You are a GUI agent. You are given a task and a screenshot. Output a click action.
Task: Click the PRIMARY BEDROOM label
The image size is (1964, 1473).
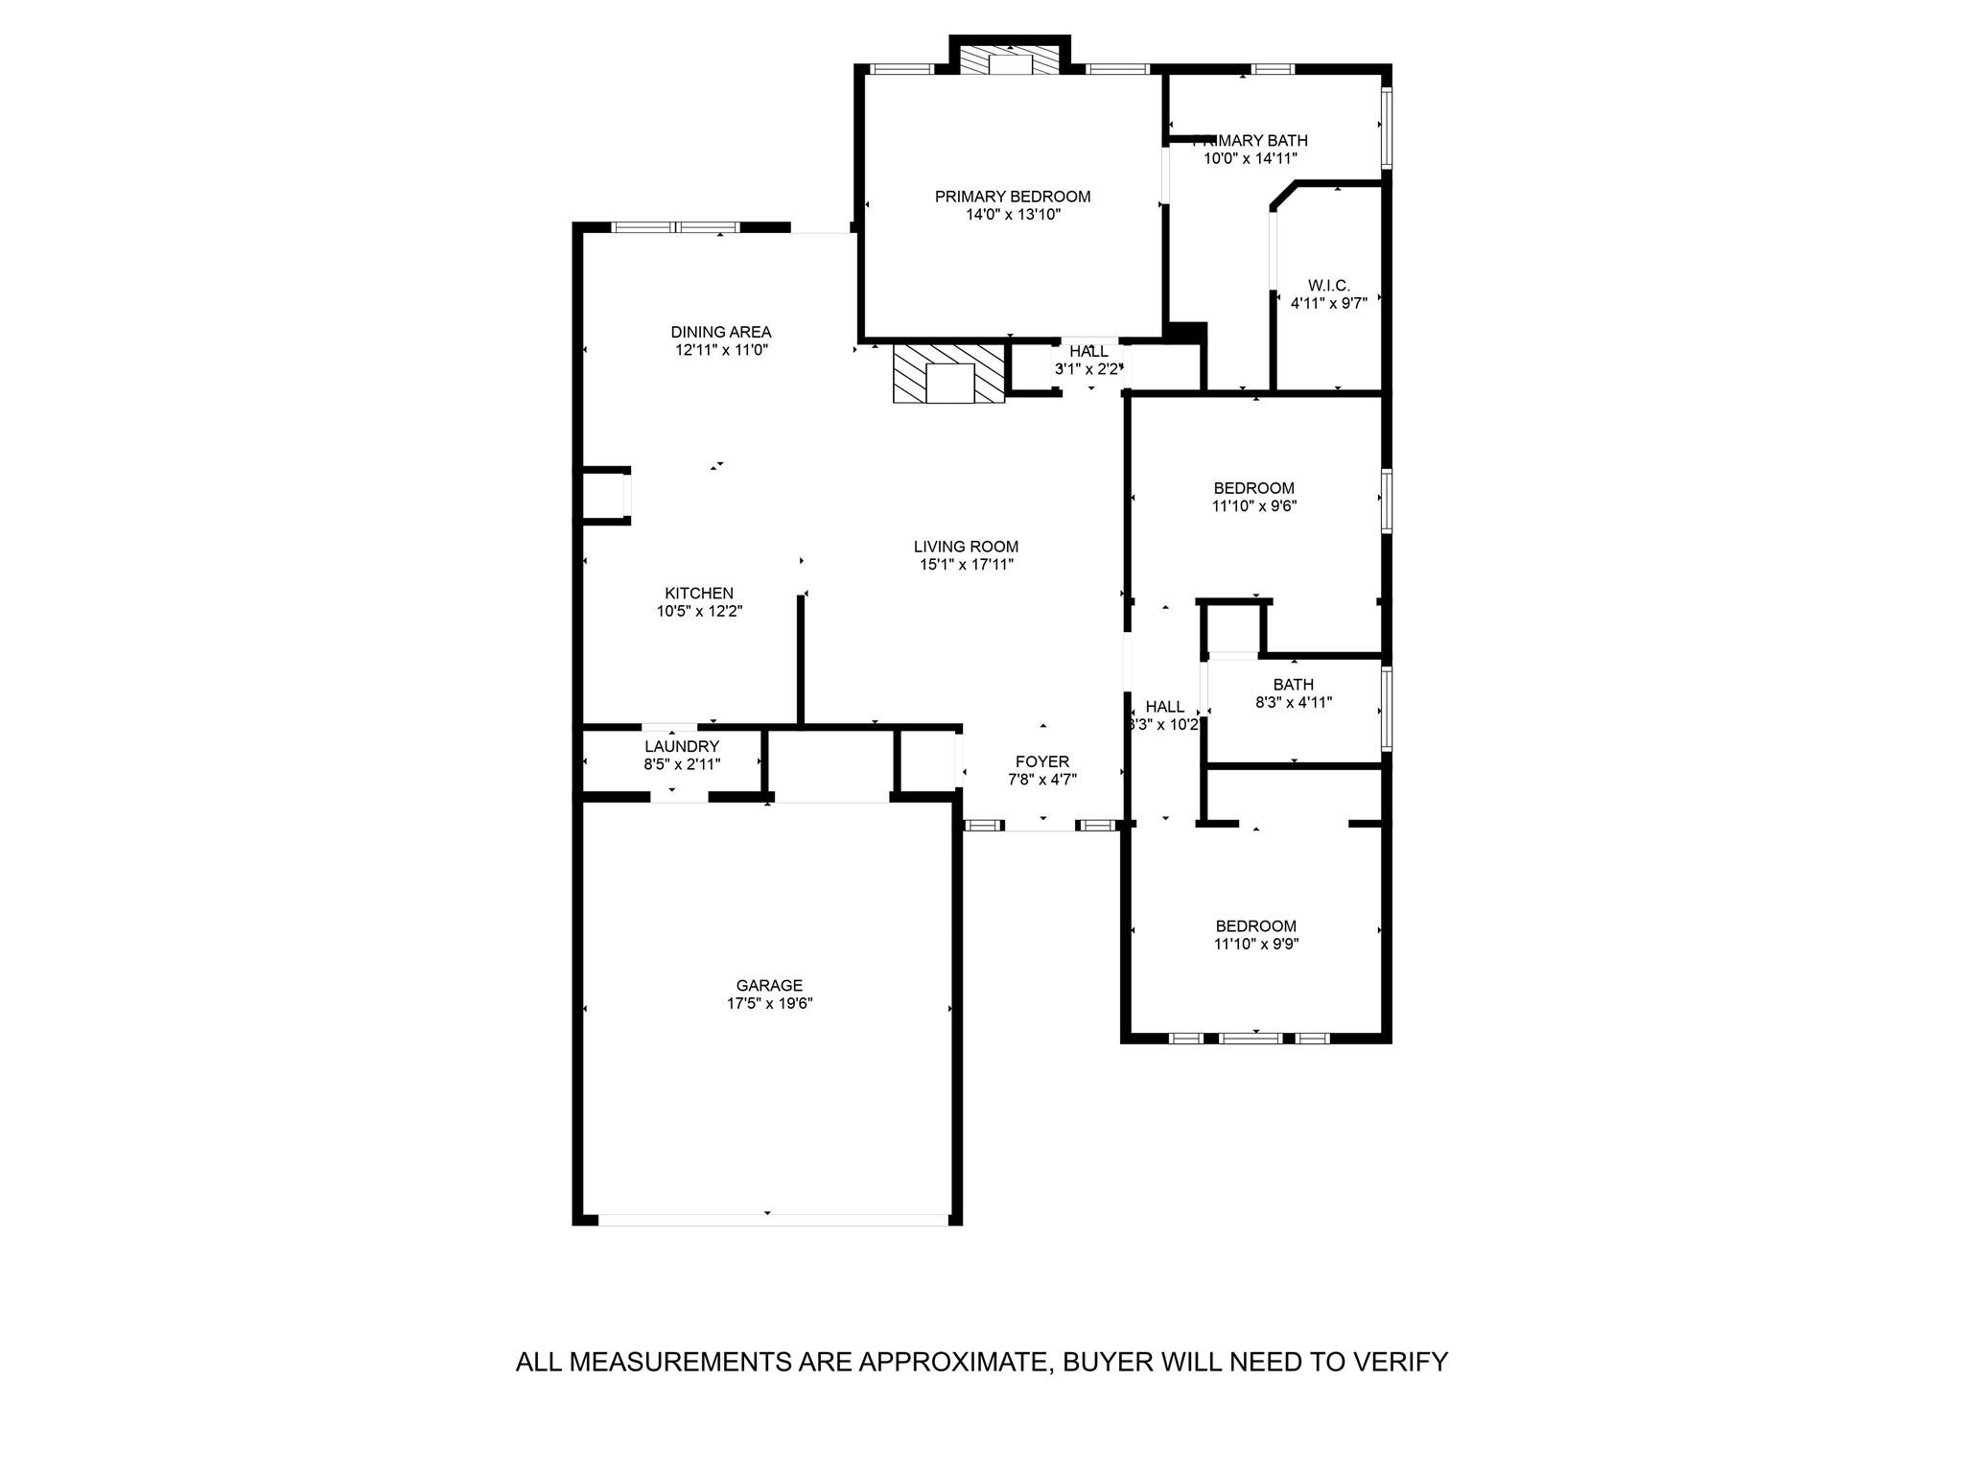pyautogui.click(x=1013, y=197)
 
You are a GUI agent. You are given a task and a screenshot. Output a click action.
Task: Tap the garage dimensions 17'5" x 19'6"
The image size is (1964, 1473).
pyautogui.click(x=769, y=1003)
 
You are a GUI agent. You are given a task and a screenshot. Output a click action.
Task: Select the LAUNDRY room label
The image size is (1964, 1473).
pyautogui.click(x=682, y=746)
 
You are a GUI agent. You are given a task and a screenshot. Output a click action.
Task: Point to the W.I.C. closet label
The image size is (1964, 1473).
pyautogui.click(x=1328, y=286)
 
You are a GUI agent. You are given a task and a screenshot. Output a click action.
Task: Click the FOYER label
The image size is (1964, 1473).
pyautogui.click(x=1042, y=762)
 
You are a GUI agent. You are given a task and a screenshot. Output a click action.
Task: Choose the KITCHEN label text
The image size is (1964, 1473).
pyautogui.click(x=699, y=594)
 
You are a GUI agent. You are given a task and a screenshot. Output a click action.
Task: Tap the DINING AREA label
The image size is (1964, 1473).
pyautogui.click(x=720, y=333)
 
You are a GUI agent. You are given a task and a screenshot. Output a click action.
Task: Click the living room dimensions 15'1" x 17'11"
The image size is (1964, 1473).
pyautogui.click(x=966, y=565)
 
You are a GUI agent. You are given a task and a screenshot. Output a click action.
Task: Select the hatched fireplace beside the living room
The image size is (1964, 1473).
pyautogui.click(x=948, y=374)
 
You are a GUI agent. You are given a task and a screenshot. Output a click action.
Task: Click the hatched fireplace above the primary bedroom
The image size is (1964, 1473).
pyautogui.click(x=1009, y=61)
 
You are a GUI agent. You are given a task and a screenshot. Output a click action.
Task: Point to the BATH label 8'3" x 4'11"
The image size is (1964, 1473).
pyautogui.click(x=1293, y=685)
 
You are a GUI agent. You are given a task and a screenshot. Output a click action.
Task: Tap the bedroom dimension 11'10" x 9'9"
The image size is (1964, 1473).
pyautogui.click(x=1256, y=944)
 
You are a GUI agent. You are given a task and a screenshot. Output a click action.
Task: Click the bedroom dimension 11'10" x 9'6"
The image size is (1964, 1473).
pyautogui.click(x=1254, y=505)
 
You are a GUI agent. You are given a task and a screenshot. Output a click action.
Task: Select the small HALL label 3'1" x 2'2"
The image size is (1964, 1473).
pyautogui.click(x=1088, y=352)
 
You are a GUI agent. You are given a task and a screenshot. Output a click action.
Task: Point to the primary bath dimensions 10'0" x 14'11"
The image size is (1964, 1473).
pyautogui.click(x=1251, y=158)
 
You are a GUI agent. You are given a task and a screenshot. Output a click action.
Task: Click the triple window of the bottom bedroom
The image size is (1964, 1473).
pyautogui.click(x=1251, y=1038)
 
